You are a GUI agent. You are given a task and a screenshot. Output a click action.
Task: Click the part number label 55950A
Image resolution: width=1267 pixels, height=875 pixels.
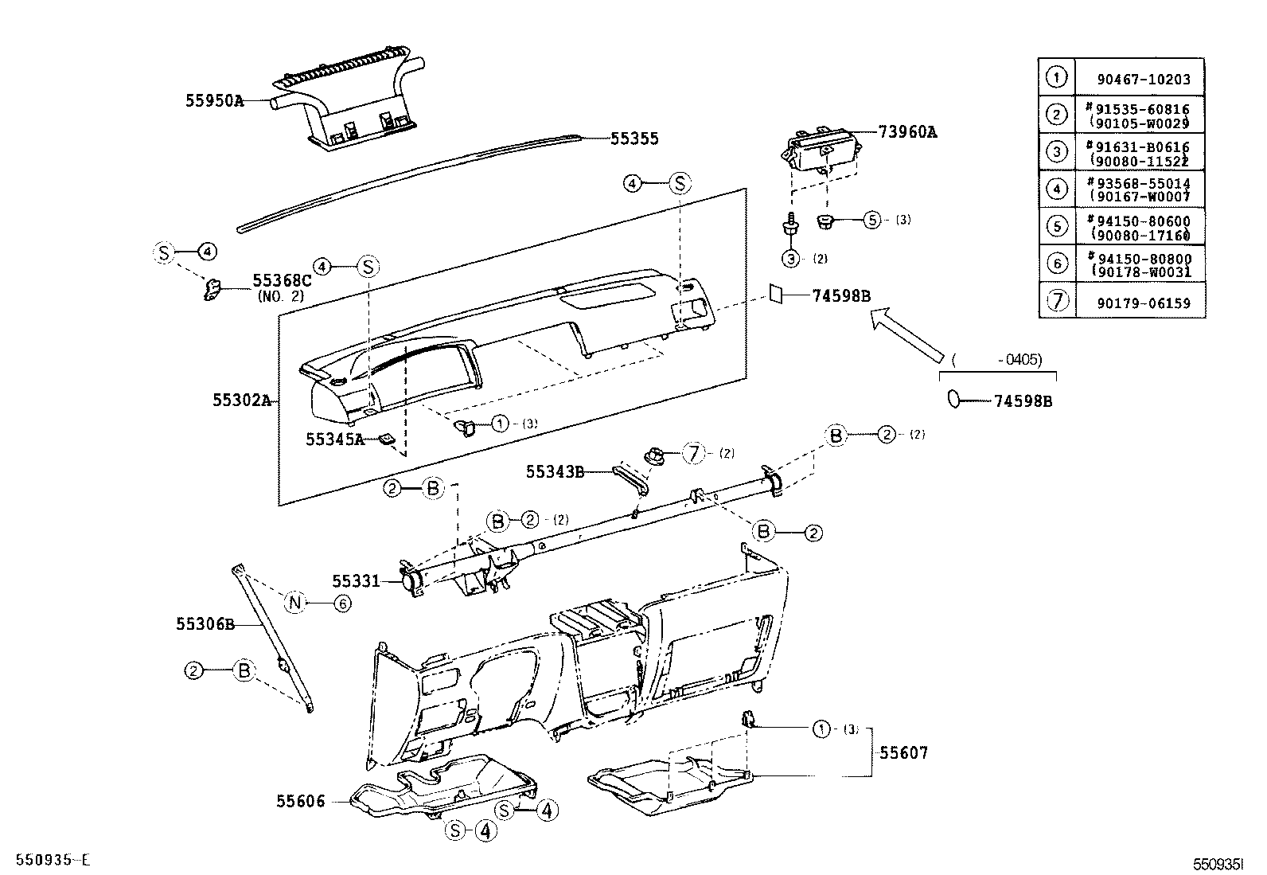pyautogui.click(x=214, y=101)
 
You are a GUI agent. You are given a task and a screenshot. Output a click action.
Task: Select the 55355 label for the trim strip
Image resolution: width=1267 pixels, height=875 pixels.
pyautogui.click(x=634, y=139)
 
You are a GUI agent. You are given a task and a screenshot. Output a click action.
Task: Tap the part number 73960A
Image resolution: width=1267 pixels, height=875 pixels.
pyautogui.click(x=906, y=132)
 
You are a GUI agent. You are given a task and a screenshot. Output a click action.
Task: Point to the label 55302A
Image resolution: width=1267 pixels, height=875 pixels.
pyautogui.click(x=242, y=400)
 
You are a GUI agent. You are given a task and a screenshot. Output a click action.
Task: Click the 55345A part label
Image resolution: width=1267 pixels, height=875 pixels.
pyautogui.click(x=334, y=439)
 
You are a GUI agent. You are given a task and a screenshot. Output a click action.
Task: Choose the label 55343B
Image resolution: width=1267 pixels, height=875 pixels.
pyautogui.click(x=555, y=471)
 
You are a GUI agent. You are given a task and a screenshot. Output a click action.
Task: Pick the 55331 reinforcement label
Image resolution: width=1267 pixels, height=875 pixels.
pyautogui.click(x=356, y=580)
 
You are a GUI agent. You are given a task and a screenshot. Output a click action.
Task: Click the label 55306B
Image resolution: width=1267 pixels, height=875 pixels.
pyautogui.click(x=205, y=625)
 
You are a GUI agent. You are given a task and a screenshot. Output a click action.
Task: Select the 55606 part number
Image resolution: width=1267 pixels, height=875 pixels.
pyautogui.click(x=301, y=801)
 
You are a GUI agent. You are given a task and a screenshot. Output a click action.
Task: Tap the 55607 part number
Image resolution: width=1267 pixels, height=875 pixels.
pyautogui.click(x=903, y=752)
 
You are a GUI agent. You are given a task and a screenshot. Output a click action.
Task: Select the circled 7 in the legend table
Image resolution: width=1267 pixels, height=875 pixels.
pyautogui.click(x=1056, y=301)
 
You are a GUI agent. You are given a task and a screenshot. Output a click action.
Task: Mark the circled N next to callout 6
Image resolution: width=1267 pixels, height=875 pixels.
pyautogui.click(x=295, y=603)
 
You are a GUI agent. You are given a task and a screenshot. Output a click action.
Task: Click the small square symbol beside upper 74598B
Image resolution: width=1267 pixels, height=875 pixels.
pyautogui.click(x=775, y=294)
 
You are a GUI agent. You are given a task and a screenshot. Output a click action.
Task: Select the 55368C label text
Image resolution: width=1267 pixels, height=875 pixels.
pyautogui.click(x=281, y=280)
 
